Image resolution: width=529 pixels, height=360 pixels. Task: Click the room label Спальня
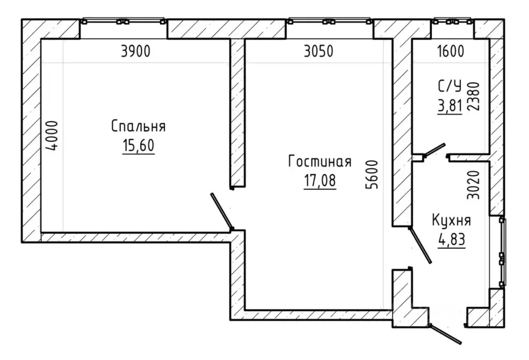[138, 126]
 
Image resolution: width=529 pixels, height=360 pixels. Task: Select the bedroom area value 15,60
[138, 145]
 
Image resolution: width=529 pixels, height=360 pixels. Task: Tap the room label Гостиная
[320, 161]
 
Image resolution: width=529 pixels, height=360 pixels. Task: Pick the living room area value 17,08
[320, 181]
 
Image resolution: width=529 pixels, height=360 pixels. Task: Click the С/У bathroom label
[449, 87]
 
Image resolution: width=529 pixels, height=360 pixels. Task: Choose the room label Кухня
[451, 220]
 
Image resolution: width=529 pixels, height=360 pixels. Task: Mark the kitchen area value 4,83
[452, 240]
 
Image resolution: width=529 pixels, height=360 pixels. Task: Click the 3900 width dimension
[135, 51]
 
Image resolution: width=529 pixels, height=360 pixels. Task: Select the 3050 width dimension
[319, 51]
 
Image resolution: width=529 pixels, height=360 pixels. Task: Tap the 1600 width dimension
[450, 51]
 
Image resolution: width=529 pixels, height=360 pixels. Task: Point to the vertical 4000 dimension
[53, 136]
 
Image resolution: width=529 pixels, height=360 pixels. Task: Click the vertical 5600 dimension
[373, 174]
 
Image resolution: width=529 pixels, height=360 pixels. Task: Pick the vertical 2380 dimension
[473, 96]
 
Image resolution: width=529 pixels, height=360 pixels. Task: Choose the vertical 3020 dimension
[473, 185]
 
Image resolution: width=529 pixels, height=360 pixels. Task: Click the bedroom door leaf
[222, 212]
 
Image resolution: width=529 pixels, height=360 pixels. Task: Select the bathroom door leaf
[434, 150]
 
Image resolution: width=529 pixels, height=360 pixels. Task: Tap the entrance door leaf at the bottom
[446, 334]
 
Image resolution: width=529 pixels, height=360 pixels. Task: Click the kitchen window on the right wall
[502, 252]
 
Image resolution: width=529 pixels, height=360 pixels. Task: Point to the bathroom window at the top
[453, 21]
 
